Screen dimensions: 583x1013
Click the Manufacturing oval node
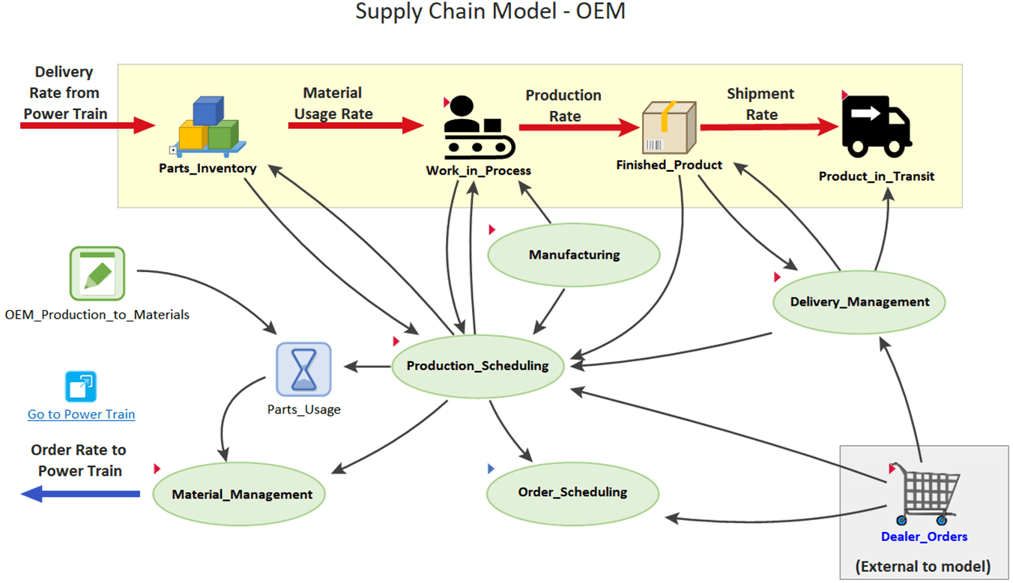coord(574,255)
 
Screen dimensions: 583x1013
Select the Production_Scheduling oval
coord(477,366)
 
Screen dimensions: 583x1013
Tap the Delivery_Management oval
coord(859,302)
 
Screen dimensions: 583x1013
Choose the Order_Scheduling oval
coord(572,492)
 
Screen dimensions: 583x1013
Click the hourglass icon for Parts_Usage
coord(303,369)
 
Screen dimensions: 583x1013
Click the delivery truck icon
coord(876,126)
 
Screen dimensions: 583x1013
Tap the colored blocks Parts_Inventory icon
coord(208,126)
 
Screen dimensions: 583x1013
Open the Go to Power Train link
coord(81,414)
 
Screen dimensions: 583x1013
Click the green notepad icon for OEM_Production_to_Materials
coord(97,274)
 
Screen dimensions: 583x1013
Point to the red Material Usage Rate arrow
coord(356,126)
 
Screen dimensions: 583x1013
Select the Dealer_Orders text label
coord(924,537)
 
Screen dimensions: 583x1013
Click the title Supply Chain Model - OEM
coord(490,12)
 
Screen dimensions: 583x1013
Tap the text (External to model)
coord(922,567)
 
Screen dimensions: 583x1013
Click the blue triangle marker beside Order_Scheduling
coord(491,469)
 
